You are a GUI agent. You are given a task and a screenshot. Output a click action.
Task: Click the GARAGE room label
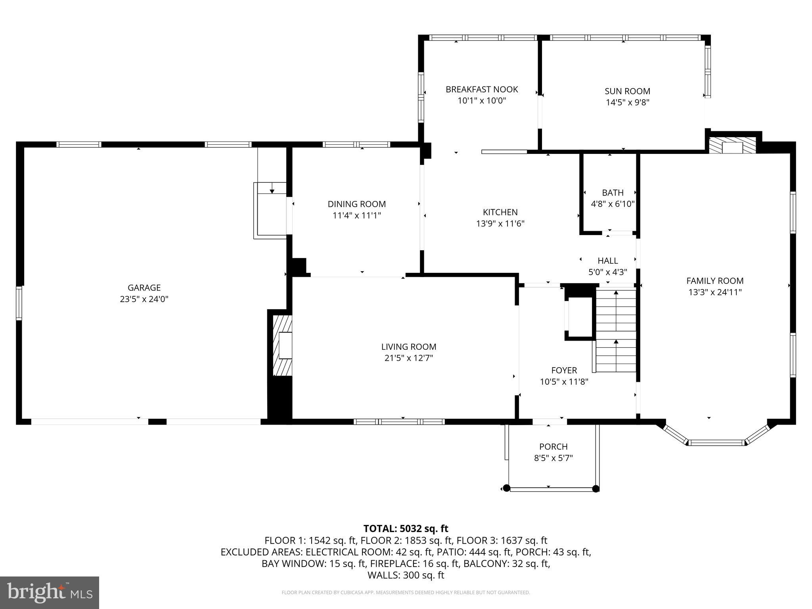tap(144, 287)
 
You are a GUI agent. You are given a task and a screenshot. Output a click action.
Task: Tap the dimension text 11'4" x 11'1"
tap(356, 216)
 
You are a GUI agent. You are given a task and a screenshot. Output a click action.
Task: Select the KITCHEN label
tap(500, 212)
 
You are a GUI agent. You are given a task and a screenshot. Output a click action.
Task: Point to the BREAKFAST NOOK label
tap(482, 89)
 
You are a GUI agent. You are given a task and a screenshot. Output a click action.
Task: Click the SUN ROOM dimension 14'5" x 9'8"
tap(627, 102)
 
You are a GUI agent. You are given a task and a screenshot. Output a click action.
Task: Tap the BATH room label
tap(613, 193)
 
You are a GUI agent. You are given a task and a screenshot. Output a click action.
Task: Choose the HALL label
tap(607, 260)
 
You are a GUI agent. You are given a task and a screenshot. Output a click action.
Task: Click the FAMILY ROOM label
tap(714, 281)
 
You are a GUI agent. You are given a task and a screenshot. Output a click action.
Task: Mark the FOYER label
tap(564, 370)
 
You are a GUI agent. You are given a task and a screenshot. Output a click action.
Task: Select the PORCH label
tap(553, 446)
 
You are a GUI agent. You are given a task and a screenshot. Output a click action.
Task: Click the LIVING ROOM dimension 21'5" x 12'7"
tap(408, 358)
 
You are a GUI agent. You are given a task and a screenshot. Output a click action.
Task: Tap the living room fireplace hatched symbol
tap(283, 345)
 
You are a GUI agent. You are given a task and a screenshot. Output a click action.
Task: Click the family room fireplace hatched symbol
tap(732, 146)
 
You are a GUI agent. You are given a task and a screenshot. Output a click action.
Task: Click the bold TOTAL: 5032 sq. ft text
tap(406, 529)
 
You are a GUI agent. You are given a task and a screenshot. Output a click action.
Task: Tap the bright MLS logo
tap(50, 592)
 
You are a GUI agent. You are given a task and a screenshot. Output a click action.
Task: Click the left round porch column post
tap(506, 488)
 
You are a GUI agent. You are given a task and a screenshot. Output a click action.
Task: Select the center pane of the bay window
tap(716, 442)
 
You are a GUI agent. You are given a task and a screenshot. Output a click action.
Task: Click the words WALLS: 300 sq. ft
tap(406, 575)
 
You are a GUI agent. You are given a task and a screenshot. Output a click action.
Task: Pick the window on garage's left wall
tap(19, 303)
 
